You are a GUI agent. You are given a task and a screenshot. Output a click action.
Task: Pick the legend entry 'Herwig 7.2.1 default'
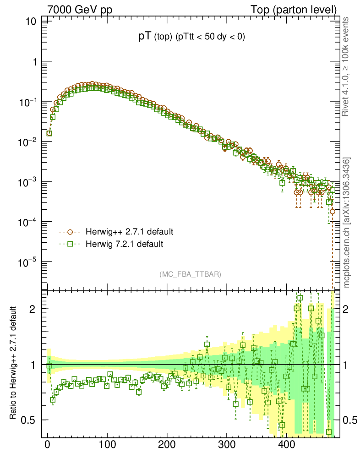[124, 244]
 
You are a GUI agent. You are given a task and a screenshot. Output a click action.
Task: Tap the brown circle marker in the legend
[71, 231]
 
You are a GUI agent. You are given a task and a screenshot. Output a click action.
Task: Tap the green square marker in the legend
[71, 244]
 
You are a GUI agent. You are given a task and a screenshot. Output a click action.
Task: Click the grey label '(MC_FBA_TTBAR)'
[190, 274]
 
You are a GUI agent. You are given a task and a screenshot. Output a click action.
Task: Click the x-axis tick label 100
[107, 445]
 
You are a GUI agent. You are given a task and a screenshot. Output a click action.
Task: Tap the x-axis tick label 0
[48, 445]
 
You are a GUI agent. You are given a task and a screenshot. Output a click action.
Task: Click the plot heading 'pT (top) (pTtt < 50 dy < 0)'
[191, 38]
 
